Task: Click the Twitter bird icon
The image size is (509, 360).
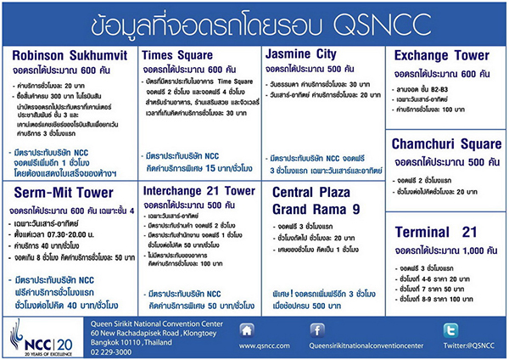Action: pos(449,329)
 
